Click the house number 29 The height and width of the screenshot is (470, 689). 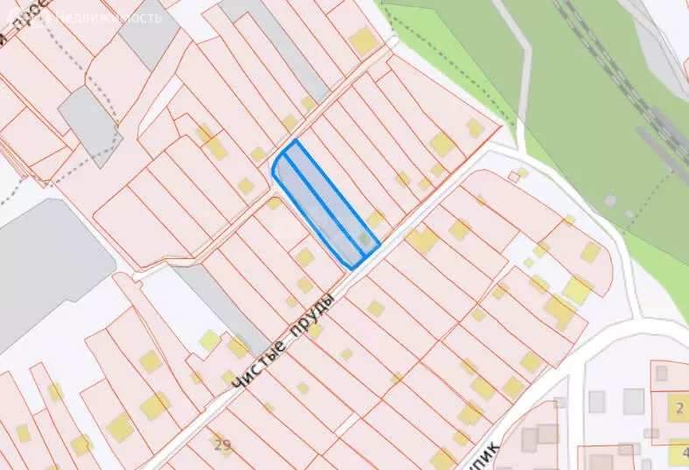coord(221,444)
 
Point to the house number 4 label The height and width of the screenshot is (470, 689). coord(683,452)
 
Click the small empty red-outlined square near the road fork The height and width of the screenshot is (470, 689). coord(514,178)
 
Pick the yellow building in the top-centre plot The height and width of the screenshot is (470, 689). coord(362,40)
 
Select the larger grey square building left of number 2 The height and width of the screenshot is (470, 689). coord(632,402)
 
